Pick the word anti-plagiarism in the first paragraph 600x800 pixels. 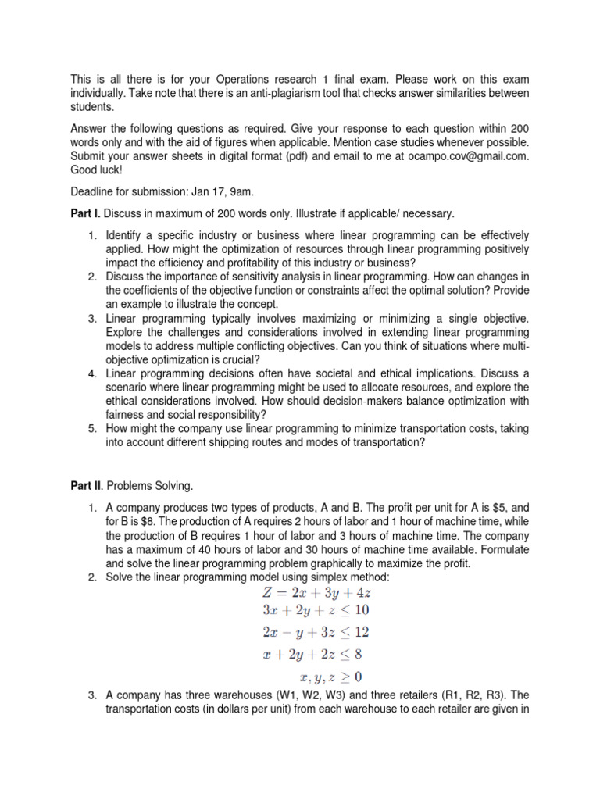click(293, 94)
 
